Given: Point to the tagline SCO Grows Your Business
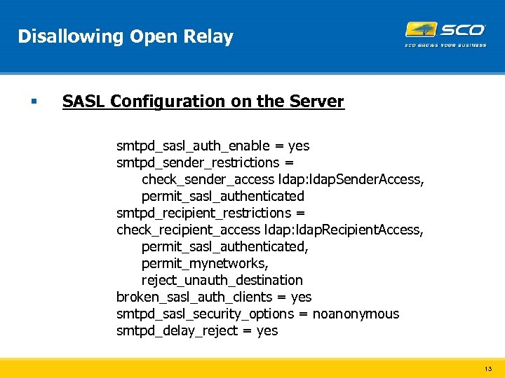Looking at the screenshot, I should (445, 45).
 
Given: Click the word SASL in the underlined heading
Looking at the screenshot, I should (83, 101).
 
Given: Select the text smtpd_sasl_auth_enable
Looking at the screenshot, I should (193, 146).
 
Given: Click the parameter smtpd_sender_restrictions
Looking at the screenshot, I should (198, 162).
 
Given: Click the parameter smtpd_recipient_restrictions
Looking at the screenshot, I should (203, 213).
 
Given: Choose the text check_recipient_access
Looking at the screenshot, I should (188, 230).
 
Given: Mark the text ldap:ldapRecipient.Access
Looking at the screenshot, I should (344, 230).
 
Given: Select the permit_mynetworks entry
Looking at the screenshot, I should (205, 263).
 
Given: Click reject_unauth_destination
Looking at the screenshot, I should (222, 280).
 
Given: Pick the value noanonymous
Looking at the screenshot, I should (356, 314).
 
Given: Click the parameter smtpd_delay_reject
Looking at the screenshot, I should (177, 330).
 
